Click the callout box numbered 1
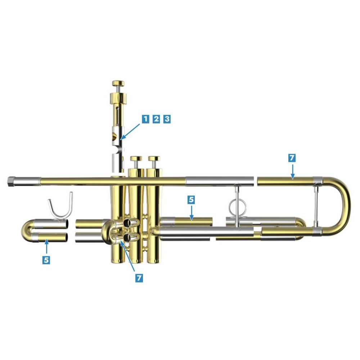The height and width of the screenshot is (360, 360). click(x=145, y=119)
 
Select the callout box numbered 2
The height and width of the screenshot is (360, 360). click(x=156, y=119)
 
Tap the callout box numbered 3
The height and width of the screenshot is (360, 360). click(x=167, y=119)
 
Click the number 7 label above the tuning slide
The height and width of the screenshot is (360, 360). click(x=292, y=158)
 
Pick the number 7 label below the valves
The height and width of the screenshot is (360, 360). click(x=139, y=278)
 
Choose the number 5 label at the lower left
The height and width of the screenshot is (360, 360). click(x=46, y=260)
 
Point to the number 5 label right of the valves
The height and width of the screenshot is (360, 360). click(x=191, y=200)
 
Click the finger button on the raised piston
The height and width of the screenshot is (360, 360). click(x=118, y=84)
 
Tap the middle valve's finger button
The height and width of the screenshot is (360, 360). click(x=136, y=158)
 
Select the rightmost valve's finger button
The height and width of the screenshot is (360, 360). click(x=154, y=158)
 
